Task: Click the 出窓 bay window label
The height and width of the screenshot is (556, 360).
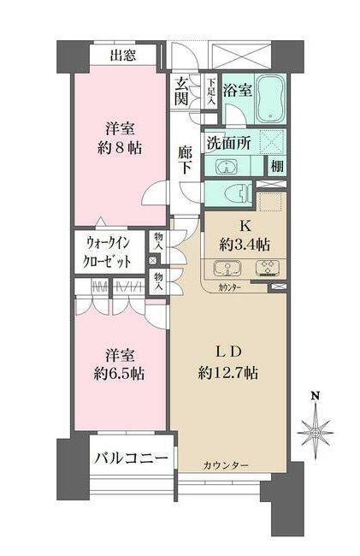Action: coord(124,56)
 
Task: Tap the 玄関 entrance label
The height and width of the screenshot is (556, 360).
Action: coord(182,92)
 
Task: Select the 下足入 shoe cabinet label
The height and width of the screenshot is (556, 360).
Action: coord(211,92)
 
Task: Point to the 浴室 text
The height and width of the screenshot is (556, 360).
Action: coord(238,89)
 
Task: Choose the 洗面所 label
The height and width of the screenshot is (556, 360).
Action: coord(227,144)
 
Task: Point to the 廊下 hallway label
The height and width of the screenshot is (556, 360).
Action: coord(186,162)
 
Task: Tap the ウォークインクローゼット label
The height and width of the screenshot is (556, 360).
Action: coord(109,251)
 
